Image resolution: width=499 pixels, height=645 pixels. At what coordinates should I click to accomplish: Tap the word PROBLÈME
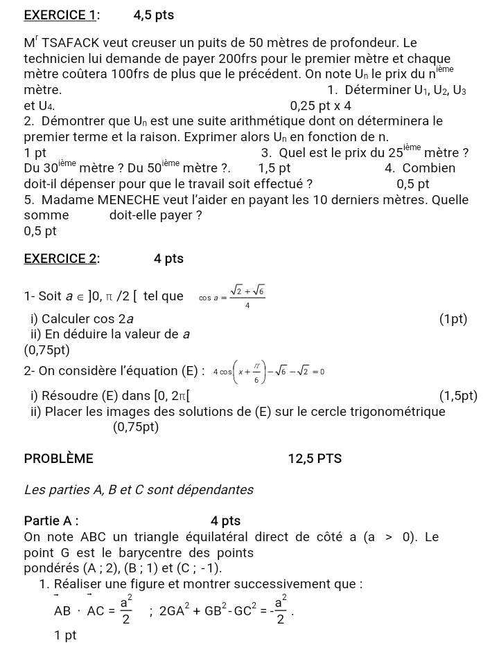58,458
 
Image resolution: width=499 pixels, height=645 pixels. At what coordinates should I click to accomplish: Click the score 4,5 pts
153,15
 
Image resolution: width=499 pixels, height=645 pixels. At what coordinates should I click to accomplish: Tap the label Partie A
51,520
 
